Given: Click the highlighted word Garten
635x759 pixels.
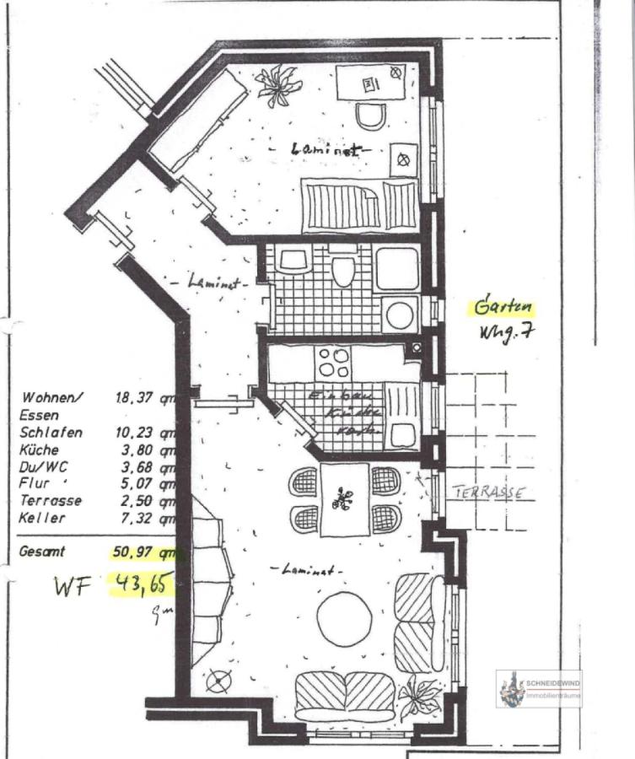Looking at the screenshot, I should [x=503, y=306].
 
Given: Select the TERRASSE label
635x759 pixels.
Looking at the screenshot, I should [x=489, y=493].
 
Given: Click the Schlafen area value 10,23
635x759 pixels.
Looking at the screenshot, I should [x=139, y=432].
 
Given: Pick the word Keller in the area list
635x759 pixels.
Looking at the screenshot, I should [x=42, y=518].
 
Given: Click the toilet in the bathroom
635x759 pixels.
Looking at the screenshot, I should [x=342, y=271].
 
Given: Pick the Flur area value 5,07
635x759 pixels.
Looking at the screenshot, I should [x=139, y=483].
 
